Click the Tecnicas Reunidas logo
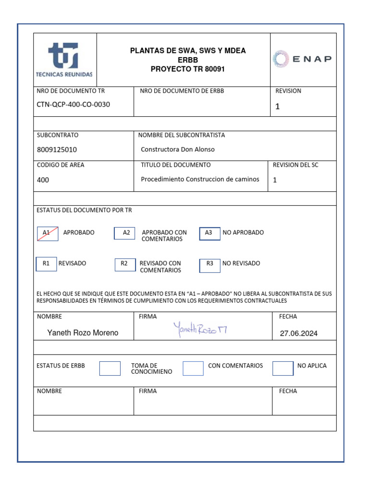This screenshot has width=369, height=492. [x=64, y=60]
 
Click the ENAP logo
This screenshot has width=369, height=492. [x=302, y=59]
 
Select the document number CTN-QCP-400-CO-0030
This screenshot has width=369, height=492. [x=73, y=104]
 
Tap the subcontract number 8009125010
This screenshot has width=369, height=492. [x=57, y=149]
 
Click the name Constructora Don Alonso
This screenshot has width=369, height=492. [x=178, y=149]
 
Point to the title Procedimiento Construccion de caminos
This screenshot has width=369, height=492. [x=200, y=179]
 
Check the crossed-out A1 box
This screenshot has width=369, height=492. [x=48, y=233]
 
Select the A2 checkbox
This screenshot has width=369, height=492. [x=125, y=233]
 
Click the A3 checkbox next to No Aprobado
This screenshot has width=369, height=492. [x=209, y=233]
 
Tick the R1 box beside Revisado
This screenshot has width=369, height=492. [x=46, y=264]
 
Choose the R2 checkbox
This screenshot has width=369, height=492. [x=125, y=264]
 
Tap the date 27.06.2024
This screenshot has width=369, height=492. [x=298, y=333]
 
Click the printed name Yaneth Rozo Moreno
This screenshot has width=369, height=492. [x=83, y=332]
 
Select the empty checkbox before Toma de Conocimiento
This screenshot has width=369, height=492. [x=110, y=368]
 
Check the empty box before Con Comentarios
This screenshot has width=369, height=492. [x=193, y=368]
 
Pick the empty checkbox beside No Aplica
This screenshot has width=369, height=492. [x=283, y=368]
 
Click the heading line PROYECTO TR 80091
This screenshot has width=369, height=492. [x=187, y=69]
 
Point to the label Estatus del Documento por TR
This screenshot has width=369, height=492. [x=84, y=210]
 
